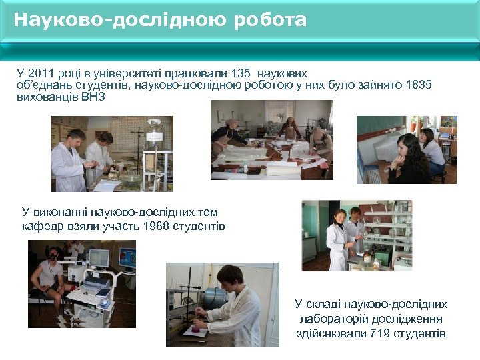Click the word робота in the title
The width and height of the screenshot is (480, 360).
[x=270, y=20]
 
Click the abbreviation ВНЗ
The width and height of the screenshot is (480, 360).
[x=93, y=97]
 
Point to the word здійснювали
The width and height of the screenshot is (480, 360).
[x=331, y=333]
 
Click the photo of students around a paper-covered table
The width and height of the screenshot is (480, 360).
[x=271, y=140]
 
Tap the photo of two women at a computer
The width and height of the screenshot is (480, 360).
[x=407, y=150]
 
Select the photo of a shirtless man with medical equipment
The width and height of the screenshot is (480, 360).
[x=82, y=284]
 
